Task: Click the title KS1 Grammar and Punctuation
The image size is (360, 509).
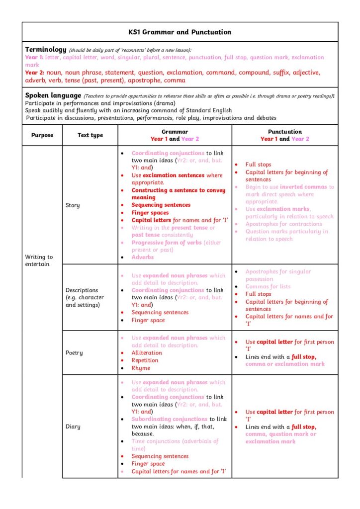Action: coord(180,32)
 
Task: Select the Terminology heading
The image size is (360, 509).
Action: coord(45,50)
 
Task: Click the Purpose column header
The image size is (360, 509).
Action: coord(42,135)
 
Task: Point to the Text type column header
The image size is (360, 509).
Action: coord(90,135)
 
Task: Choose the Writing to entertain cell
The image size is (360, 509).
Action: coord(39,260)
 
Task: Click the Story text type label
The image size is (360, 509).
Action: coord(73,205)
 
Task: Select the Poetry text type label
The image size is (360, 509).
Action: coord(74,353)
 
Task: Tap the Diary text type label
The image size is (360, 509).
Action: coord(73,426)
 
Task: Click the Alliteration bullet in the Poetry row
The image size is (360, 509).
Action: coord(147,353)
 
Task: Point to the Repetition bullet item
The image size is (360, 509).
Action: coord(145,360)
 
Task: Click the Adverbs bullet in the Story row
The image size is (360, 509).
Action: coord(142,257)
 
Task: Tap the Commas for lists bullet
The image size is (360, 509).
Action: coord(268,287)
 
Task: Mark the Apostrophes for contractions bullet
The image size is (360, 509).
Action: coord(283,224)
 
